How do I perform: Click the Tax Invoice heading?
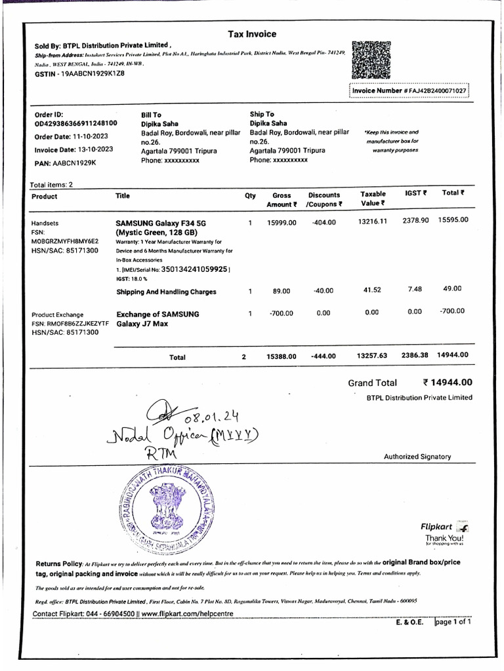pyautogui.click(x=252, y=34)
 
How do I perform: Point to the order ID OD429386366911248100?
pyautogui.click(x=76, y=123)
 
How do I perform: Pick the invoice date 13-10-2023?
pyautogui.click(x=92, y=149)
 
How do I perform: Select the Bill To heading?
pyautogui.click(x=152, y=115)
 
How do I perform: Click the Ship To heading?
pyautogui.click(x=262, y=115)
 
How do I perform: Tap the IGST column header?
pyautogui.click(x=415, y=193)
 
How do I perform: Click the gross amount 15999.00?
pyautogui.click(x=282, y=223)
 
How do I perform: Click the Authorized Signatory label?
pyautogui.click(x=417, y=457)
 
